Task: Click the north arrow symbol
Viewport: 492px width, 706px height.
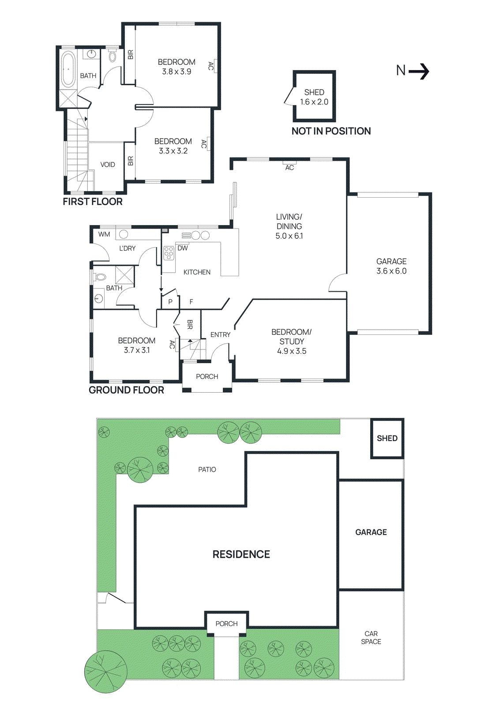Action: (413, 71)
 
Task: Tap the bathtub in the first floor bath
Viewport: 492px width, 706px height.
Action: (68, 70)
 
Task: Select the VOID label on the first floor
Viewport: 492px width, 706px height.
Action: (108, 165)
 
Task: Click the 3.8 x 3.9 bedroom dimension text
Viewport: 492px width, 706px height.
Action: (177, 71)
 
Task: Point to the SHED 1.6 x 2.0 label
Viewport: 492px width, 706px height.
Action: (314, 97)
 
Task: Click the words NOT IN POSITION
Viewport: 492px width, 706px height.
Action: (331, 131)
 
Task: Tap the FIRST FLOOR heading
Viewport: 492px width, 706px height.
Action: (93, 202)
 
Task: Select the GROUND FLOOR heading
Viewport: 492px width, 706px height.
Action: (126, 390)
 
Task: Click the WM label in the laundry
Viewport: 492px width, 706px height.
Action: (104, 234)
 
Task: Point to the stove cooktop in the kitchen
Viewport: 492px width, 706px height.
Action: (169, 253)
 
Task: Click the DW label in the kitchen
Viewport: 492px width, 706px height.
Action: (183, 248)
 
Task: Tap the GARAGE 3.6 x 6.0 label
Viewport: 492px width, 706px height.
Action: (391, 266)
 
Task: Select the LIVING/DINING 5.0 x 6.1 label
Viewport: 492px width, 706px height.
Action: (289, 226)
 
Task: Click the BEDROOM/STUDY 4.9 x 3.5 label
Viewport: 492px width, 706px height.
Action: (291, 342)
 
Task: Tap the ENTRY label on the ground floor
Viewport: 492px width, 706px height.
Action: (220, 335)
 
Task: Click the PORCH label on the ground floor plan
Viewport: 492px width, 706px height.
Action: (207, 376)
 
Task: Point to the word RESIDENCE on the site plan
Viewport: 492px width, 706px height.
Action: (241, 554)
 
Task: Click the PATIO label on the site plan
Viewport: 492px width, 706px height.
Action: (207, 469)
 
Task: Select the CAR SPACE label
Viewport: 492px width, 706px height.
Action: (371, 638)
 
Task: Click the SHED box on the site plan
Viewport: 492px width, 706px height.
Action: (387, 438)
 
